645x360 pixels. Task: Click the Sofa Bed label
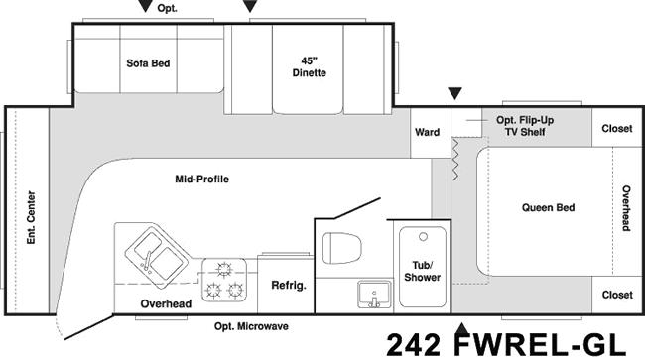(148, 63)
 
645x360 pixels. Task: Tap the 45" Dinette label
(309, 67)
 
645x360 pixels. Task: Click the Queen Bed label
(548, 207)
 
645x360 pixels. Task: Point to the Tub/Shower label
(422, 271)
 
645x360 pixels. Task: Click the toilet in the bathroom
(341, 248)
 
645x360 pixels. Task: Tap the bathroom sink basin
(374, 294)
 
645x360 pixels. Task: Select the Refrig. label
(289, 286)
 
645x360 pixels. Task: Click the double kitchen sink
(157, 255)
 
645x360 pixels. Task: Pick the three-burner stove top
(224, 280)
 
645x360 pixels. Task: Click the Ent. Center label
(31, 217)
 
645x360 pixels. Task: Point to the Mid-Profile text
(202, 180)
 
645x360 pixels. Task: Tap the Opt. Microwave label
(251, 326)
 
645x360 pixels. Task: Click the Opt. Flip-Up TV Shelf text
(525, 126)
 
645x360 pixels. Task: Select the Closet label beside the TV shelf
(617, 129)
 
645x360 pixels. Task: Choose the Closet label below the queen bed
(617, 295)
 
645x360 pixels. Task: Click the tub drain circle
(423, 237)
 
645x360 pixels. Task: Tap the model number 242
(413, 345)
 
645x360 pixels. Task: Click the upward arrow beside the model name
(462, 329)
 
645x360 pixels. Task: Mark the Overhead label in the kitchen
(166, 304)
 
